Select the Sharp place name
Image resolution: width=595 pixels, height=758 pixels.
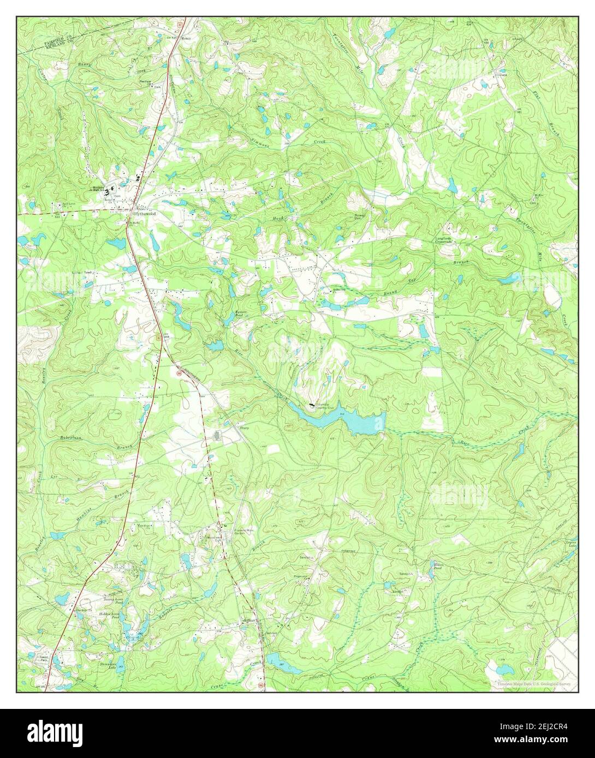coord(244,429)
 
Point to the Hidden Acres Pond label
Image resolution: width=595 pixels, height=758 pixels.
coord(108,615)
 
